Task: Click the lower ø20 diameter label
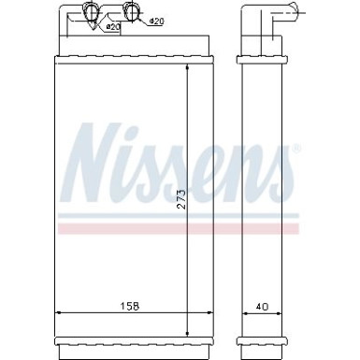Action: (x=112, y=27)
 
